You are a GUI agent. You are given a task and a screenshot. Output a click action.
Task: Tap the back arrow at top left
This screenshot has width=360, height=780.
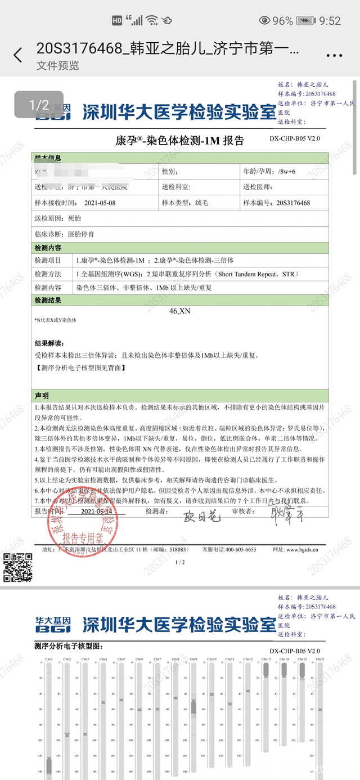[18, 55]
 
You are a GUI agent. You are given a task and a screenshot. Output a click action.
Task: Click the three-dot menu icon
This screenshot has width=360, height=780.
[334, 55]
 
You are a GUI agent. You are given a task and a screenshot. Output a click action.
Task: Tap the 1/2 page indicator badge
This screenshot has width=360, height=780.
[39, 105]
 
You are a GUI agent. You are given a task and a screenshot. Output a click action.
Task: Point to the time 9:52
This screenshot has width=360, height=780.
[330, 21]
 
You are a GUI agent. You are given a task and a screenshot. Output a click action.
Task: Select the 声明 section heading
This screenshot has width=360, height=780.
[42, 396]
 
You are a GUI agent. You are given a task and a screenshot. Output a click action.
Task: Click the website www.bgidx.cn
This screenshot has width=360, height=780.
[303, 549]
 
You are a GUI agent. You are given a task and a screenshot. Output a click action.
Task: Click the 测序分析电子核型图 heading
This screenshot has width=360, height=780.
[68, 645]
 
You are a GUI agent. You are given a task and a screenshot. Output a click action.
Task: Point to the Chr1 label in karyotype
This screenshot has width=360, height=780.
[49, 659]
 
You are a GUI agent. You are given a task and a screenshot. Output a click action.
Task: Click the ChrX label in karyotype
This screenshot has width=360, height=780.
[319, 659]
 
